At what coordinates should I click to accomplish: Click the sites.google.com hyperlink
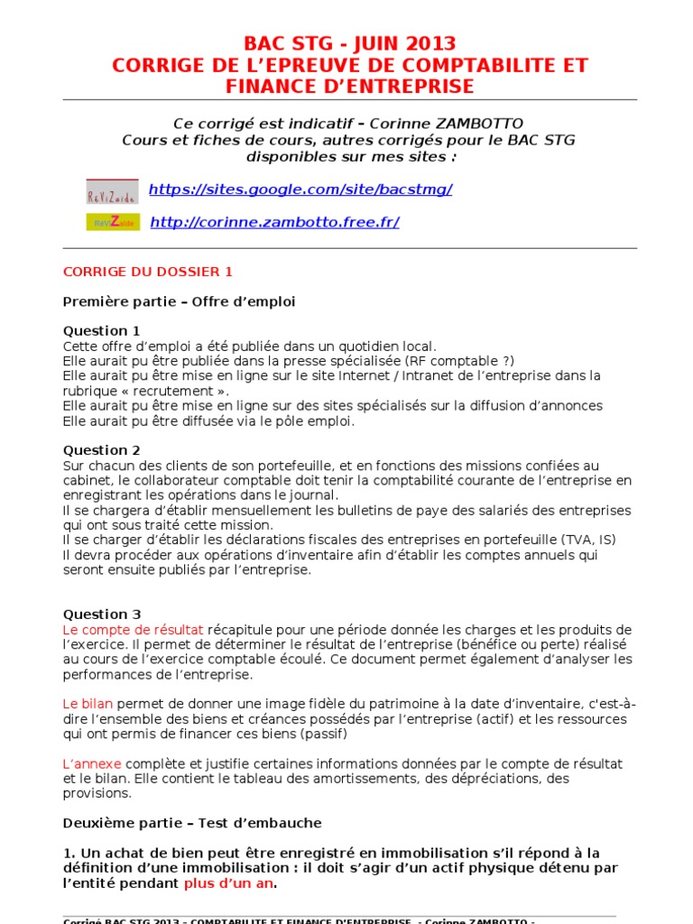click(x=300, y=189)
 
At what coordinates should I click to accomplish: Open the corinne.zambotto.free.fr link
click(x=274, y=222)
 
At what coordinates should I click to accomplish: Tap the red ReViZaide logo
click(x=112, y=191)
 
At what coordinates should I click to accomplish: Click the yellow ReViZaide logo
click(x=113, y=222)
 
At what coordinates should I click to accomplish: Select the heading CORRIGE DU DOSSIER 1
click(x=148, y=272)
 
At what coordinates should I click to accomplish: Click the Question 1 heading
click(x=102, y=330)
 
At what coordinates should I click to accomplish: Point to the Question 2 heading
click(x=102, y=449)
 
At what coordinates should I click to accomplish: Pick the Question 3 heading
click(x=102, y=614)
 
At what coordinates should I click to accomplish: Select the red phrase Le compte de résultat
click(x=134, y=629)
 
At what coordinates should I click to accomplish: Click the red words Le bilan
click(x=88, y=703)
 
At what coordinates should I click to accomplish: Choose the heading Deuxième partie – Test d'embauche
click(x=192, y=823)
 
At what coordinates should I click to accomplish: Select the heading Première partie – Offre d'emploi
click(x=179, y=301)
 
